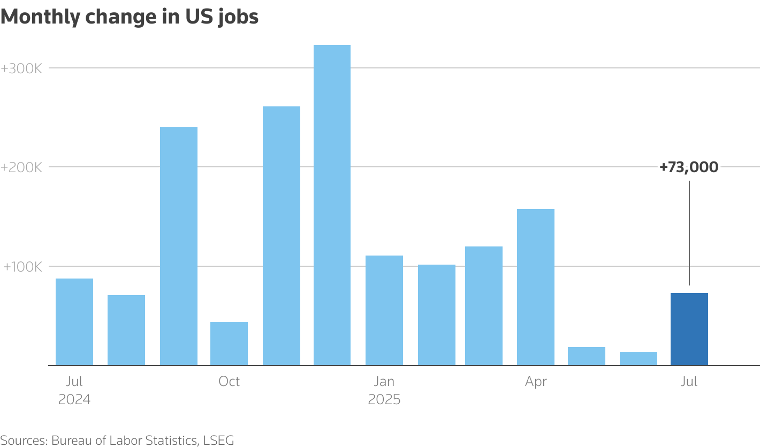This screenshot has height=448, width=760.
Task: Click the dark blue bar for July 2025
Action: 689,329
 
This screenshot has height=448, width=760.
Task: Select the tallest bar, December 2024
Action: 332,205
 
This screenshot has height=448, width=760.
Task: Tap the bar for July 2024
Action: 74,322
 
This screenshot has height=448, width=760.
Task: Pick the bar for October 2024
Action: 229,344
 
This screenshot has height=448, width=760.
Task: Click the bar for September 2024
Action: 179,246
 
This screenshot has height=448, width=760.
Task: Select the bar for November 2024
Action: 282,236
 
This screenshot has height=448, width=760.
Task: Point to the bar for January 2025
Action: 384,311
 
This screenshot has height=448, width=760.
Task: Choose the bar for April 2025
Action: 536,287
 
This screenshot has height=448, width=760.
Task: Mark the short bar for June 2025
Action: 639,359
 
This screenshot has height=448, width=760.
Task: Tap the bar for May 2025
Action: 587,356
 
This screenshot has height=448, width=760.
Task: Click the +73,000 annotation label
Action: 689,167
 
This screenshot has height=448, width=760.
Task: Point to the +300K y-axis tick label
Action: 21,68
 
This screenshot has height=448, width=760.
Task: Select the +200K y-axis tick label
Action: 21,167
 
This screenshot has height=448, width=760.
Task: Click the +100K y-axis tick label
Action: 21,267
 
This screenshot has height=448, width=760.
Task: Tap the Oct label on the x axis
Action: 229,382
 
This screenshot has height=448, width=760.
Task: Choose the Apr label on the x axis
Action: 536,382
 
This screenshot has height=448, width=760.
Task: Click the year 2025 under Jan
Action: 384,399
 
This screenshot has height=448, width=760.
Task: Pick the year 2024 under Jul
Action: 74,399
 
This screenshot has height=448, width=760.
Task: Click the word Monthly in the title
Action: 41,17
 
